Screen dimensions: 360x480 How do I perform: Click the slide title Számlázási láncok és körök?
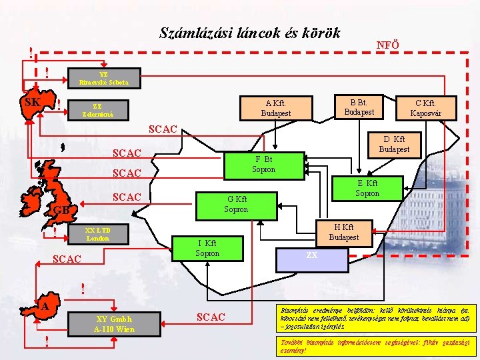[250, 33]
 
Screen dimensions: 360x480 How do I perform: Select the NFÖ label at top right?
[387, 45]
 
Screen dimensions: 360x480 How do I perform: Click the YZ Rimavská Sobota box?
[107, 79]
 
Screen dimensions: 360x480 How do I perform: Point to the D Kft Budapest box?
[394, 144]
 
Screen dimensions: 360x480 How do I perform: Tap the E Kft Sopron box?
[367, 188]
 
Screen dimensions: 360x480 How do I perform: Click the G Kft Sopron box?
[236, 205]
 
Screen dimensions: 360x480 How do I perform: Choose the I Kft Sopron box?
[207, 248]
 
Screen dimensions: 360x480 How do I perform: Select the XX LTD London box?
[98, 234]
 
